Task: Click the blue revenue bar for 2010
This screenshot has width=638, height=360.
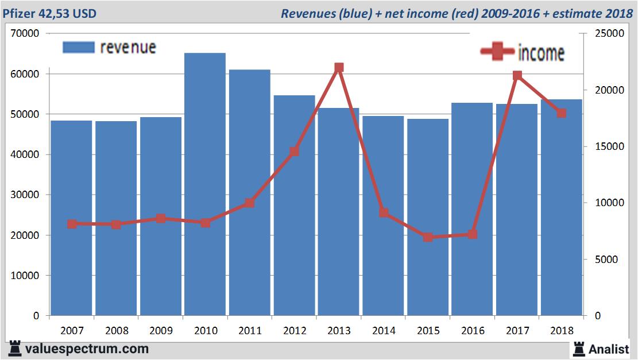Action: (x=205, y=184)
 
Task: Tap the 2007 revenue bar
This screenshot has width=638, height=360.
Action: (x=72, y=218)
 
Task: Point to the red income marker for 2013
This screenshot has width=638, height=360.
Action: (x=339, y=68)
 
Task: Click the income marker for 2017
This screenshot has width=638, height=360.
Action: (x=517, y=75)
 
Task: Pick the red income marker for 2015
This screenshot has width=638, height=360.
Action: (x=428, y=237)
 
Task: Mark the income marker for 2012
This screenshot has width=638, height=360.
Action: (x=294, y=152)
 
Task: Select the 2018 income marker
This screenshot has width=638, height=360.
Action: (x=562, y=113)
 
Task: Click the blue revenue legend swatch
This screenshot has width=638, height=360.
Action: (x=78, y=47)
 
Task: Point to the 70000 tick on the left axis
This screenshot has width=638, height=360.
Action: (x=25, y=34)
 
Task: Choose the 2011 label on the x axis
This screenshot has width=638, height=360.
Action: (x=250, y=331)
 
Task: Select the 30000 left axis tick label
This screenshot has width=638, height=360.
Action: (x=25, y=195)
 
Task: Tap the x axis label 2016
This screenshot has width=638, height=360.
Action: (x=473, y=331)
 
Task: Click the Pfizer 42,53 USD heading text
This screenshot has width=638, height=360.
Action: (x=52, y=13)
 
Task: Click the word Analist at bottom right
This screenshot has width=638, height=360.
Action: (x=609, y=349)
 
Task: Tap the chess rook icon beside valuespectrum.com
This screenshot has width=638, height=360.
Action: (x=15, y=349)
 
